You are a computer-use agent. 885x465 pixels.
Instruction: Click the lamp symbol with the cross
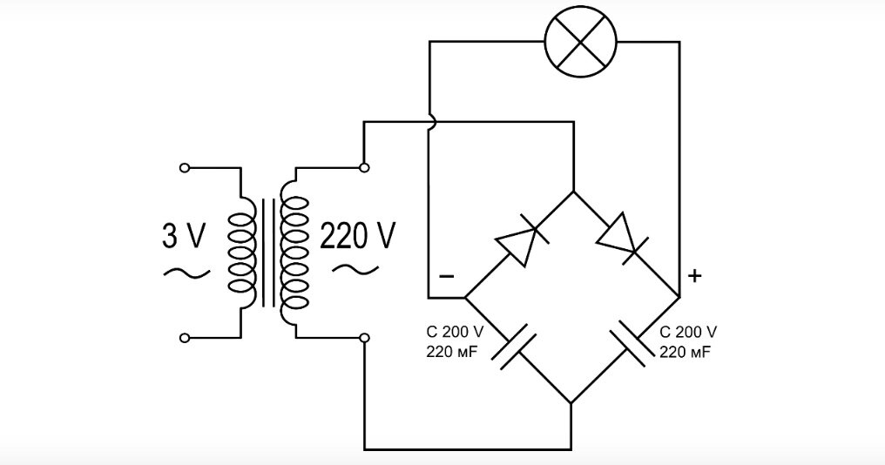(x=580, y=42)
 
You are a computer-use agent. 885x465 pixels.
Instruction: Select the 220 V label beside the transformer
(x=358, y=236)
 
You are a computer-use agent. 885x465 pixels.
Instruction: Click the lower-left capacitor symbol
(x=513, y=346)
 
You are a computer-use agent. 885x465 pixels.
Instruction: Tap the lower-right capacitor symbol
(x=631, y=344)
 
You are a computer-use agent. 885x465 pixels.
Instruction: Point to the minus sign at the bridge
(x=447, y=276)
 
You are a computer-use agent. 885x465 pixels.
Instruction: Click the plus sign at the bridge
(x=695, y=276)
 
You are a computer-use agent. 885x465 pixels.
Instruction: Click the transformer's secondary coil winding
(x=294, y=253)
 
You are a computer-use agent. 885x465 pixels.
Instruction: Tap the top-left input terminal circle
(x=184, y=167)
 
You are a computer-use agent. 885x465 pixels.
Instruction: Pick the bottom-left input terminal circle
(x=184, y=338)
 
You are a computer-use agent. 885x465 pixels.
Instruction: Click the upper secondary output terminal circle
(x=365, y=167)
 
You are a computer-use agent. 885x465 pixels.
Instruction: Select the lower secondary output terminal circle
(x=365, y=338)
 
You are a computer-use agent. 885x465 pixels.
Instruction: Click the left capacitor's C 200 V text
(x=455, y=331)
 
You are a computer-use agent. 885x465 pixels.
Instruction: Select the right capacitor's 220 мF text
(x=686, y=353)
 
